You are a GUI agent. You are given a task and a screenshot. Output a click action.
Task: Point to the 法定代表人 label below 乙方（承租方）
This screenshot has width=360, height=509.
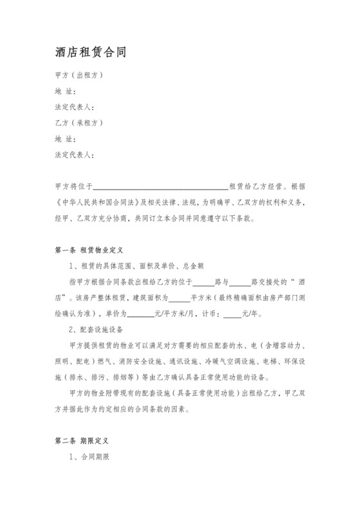tap(75, 154)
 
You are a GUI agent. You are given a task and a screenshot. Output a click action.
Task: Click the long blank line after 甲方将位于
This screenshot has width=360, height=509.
tap(161, 186)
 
